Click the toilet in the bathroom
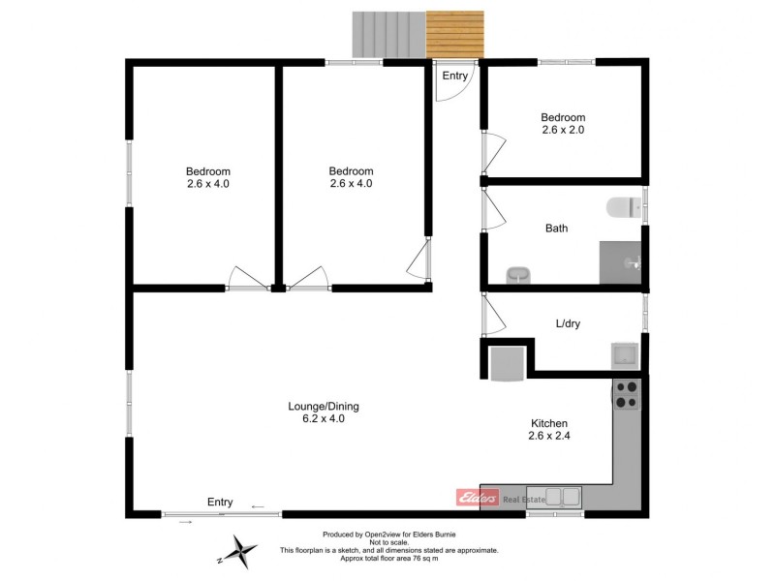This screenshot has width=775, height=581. coord(621,207)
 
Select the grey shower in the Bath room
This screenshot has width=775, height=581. coord(621,262)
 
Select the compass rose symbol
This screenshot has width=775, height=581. coord(238,554)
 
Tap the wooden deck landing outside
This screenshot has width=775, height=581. coord(454,34)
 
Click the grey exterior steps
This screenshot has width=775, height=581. coord(388,34)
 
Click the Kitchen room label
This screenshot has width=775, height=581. coord(548,423)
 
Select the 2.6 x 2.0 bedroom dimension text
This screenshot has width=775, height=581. coord(563,130)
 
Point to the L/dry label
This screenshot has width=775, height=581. coord(567,322)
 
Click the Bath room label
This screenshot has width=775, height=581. coord(556,229)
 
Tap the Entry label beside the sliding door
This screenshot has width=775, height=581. coord(220,502)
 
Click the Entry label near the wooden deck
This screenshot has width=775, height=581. coord(455,76)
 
